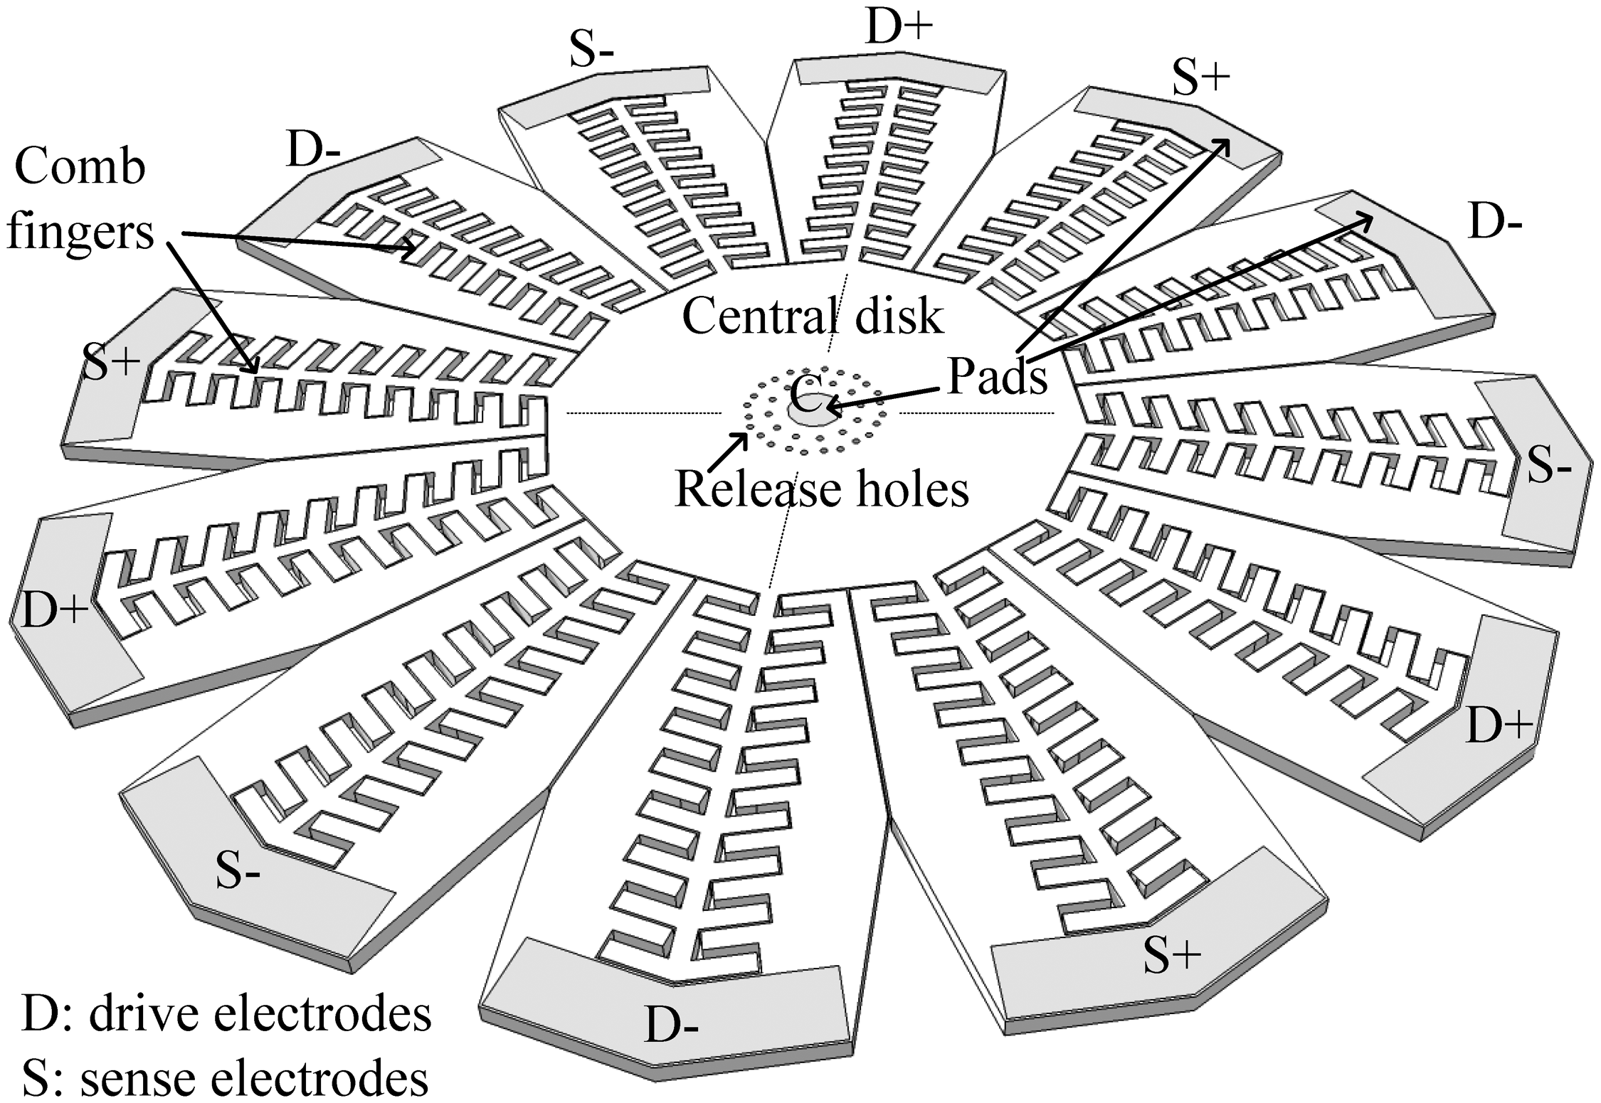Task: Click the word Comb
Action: pos(80,168)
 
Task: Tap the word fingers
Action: pos(80,232)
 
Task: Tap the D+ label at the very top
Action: pos(899,28)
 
